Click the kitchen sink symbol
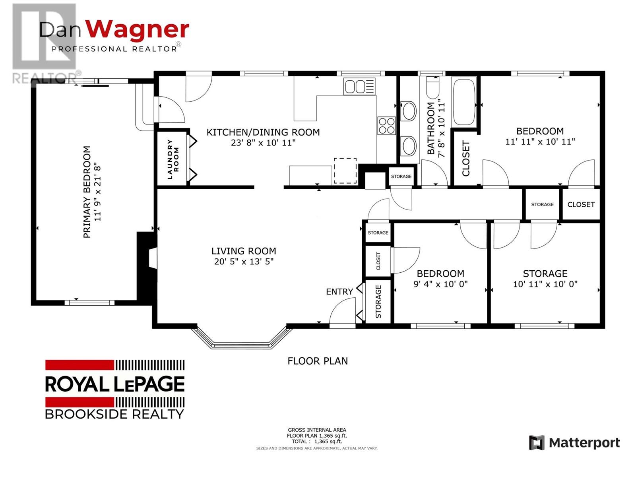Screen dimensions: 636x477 tap(359, 86)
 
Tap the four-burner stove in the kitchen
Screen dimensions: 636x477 tap(386, 126)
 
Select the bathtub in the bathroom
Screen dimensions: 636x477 tap(464, 102)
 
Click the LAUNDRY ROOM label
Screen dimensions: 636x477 tap(173, 159)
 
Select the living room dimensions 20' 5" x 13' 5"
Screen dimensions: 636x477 tap(244, 262)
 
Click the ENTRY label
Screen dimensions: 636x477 tap(339, 292)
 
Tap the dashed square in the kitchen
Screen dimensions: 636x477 tap(345, 171)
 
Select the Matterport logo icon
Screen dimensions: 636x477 tap(537, 443)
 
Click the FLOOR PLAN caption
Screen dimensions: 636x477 tap(318, 361)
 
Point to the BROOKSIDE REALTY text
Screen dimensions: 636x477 tap(114, 414)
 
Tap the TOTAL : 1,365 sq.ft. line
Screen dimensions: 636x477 tap(317, 441)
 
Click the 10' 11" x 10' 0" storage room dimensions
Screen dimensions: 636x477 tap(545, 284)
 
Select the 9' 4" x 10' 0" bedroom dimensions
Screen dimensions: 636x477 tap(440, 284)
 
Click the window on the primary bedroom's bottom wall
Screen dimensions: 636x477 tap(89, 302)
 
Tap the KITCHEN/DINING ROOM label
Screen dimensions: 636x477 tap(263, 132)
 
